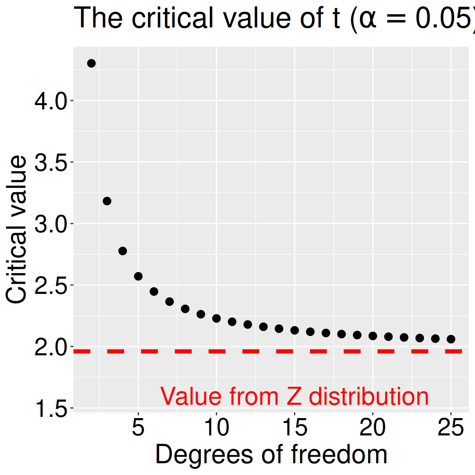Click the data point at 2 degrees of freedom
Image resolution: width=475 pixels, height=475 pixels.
click(x=92, y=63)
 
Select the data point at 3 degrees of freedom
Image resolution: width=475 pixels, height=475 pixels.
click(x=107, y=201)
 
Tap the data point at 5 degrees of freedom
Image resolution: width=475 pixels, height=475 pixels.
click(x=138, y=276)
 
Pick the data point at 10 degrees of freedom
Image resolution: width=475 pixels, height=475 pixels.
click(x=216, y=319)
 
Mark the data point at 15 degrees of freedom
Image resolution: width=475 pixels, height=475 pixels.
click(x=294, y=330)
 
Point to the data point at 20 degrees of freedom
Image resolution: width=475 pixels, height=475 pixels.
click(x=373, y=336)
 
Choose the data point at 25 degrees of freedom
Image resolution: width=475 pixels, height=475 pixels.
click(x=451, y=339)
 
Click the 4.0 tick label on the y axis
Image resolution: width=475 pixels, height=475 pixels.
click(x=51, y=101)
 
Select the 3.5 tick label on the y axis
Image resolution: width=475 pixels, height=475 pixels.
click(x=51, y=163)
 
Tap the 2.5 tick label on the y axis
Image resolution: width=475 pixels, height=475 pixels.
click(x=51, y=286)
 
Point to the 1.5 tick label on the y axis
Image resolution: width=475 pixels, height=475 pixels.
click(x=51, y=409)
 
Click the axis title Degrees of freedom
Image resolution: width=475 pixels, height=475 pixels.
click(x=271, y=454)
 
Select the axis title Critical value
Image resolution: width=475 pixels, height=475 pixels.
click(x=16, y=229)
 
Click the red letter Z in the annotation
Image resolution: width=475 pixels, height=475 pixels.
click(x=294, y=396)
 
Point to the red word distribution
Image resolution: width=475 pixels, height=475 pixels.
click(x=369, y=396)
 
